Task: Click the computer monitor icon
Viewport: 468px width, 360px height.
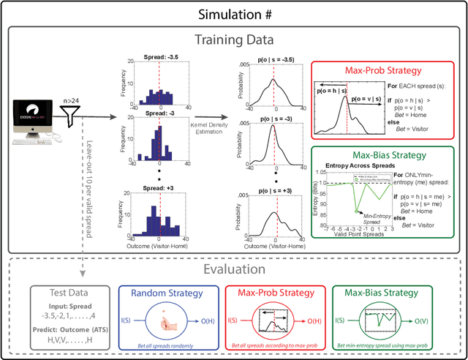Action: (30, 119)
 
